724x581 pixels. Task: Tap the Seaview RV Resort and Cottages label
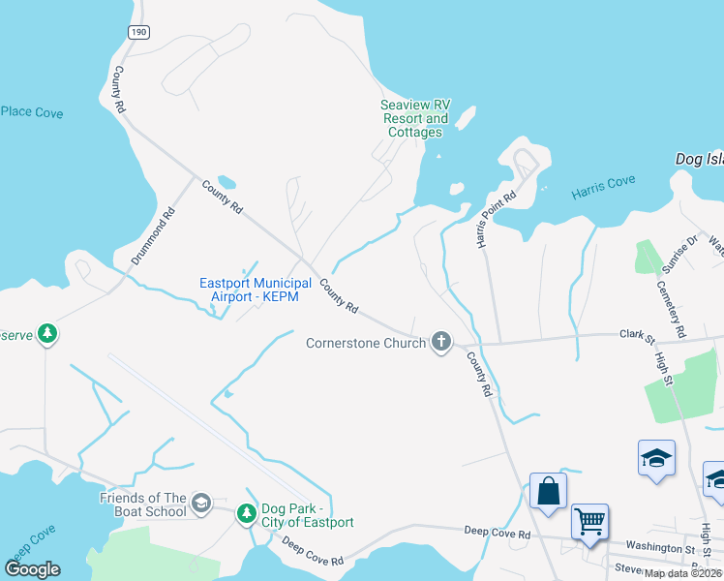[415, 118]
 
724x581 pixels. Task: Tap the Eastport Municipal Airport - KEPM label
[256, 289]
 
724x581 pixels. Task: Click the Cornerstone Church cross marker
[441, 342]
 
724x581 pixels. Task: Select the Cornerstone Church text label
[366, 343]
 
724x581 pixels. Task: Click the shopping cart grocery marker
[589, 522]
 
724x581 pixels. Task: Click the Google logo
[33, 569]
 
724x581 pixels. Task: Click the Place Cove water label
[31, 113]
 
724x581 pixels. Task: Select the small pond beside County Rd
[226, 182]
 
